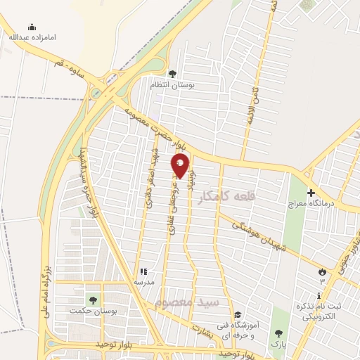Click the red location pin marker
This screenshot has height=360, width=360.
pyautogui.click(x=181, y=165)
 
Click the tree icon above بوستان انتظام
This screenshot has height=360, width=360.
pyautogui.click(x=172, y=73)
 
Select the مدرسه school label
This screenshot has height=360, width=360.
pyautogui.click(x=144, y=282)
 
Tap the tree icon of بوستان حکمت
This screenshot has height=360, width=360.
pyautogui.click(x=93, y=300)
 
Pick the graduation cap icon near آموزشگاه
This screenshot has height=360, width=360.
pyautogui.click(x=238, y=314)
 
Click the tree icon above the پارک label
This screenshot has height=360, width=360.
pyautogui.click(x=278, y=333)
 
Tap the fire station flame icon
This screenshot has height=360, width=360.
pyautogui.click(x=323, y=271)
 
